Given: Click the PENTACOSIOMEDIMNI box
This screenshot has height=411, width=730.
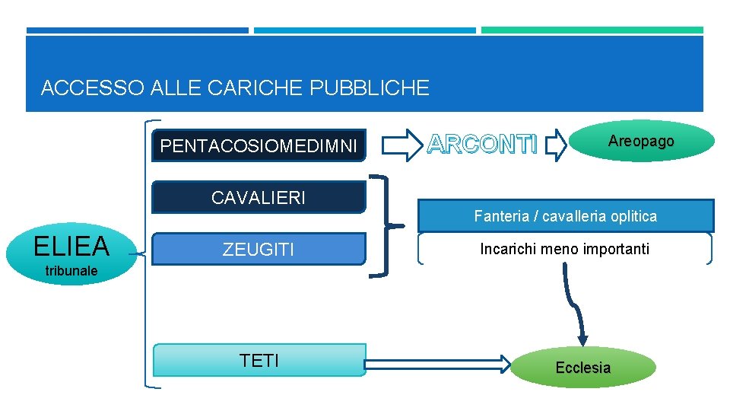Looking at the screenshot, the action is [259, 145].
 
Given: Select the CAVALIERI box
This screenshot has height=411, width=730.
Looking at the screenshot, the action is [259, 198].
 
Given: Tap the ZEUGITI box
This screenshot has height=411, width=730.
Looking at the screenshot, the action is [259, 249].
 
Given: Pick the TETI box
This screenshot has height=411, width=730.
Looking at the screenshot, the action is [259, 360].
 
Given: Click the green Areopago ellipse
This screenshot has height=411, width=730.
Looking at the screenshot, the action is [640, 142].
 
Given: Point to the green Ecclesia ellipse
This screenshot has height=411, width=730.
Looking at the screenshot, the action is [582, 368].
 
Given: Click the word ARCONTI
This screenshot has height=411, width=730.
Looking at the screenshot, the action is [483, 143].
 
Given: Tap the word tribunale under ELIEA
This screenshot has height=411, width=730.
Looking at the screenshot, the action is [71, 270].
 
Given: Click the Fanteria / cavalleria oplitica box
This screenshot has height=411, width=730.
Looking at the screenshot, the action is [566, 216].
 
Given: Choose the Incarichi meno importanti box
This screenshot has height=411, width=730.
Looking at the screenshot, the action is [564, 249].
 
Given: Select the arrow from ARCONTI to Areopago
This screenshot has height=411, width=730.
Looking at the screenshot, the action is [557, 144].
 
